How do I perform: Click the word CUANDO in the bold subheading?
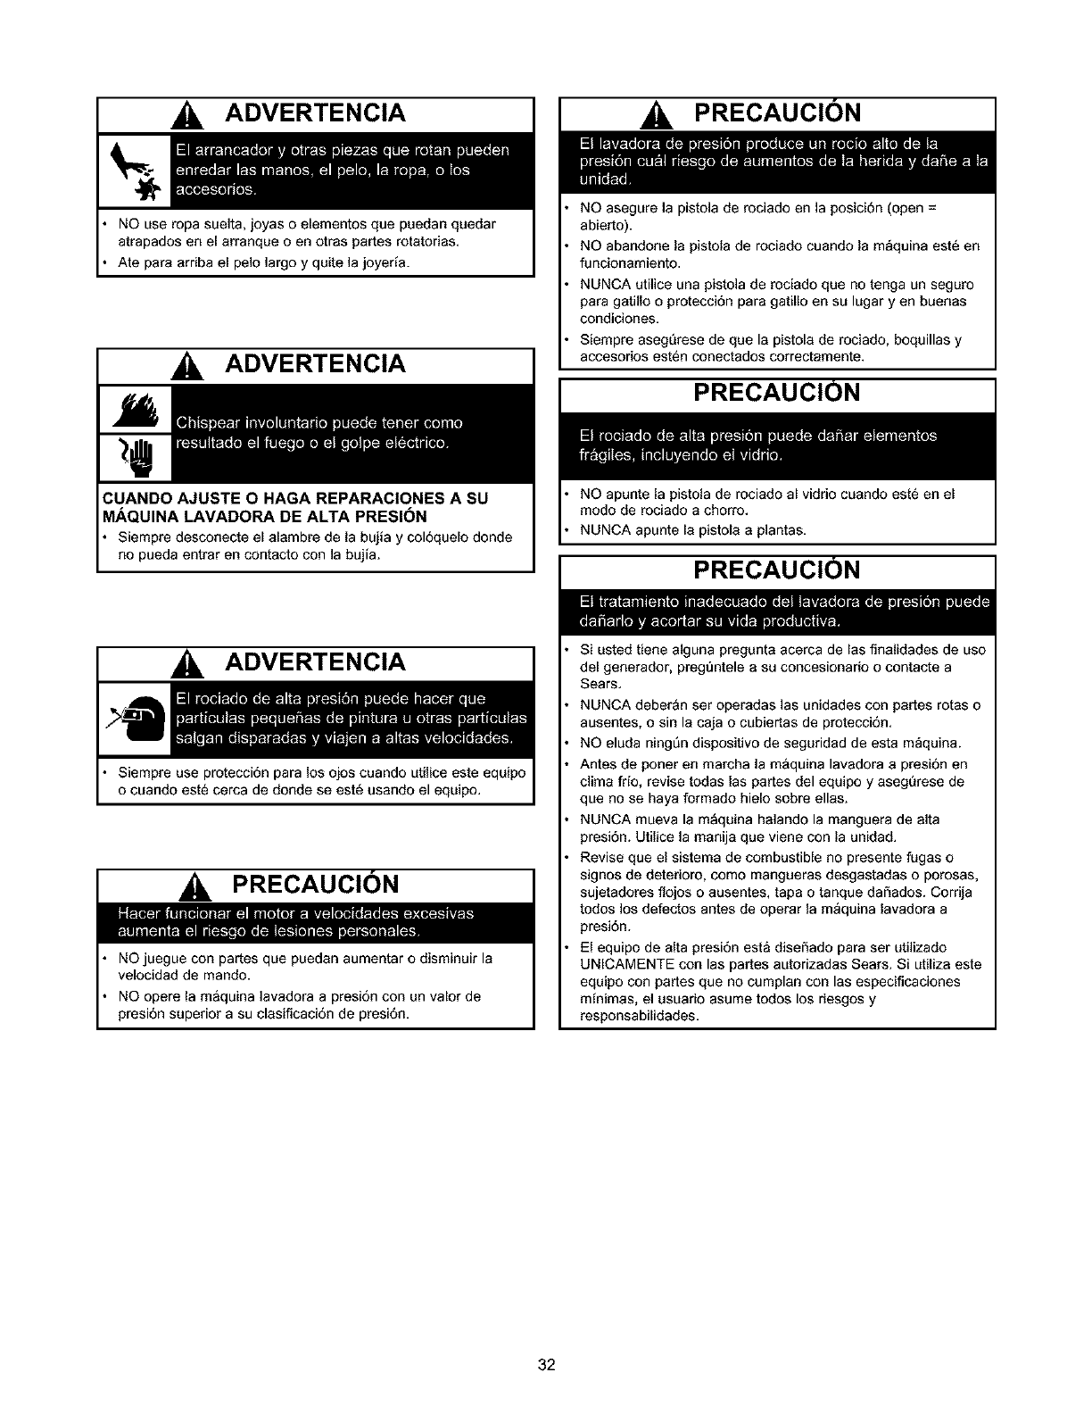(131, 497)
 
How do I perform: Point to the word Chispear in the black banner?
(208, 422)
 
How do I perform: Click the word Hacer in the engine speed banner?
(139, 913)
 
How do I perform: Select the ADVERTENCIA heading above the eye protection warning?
(315, 662)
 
